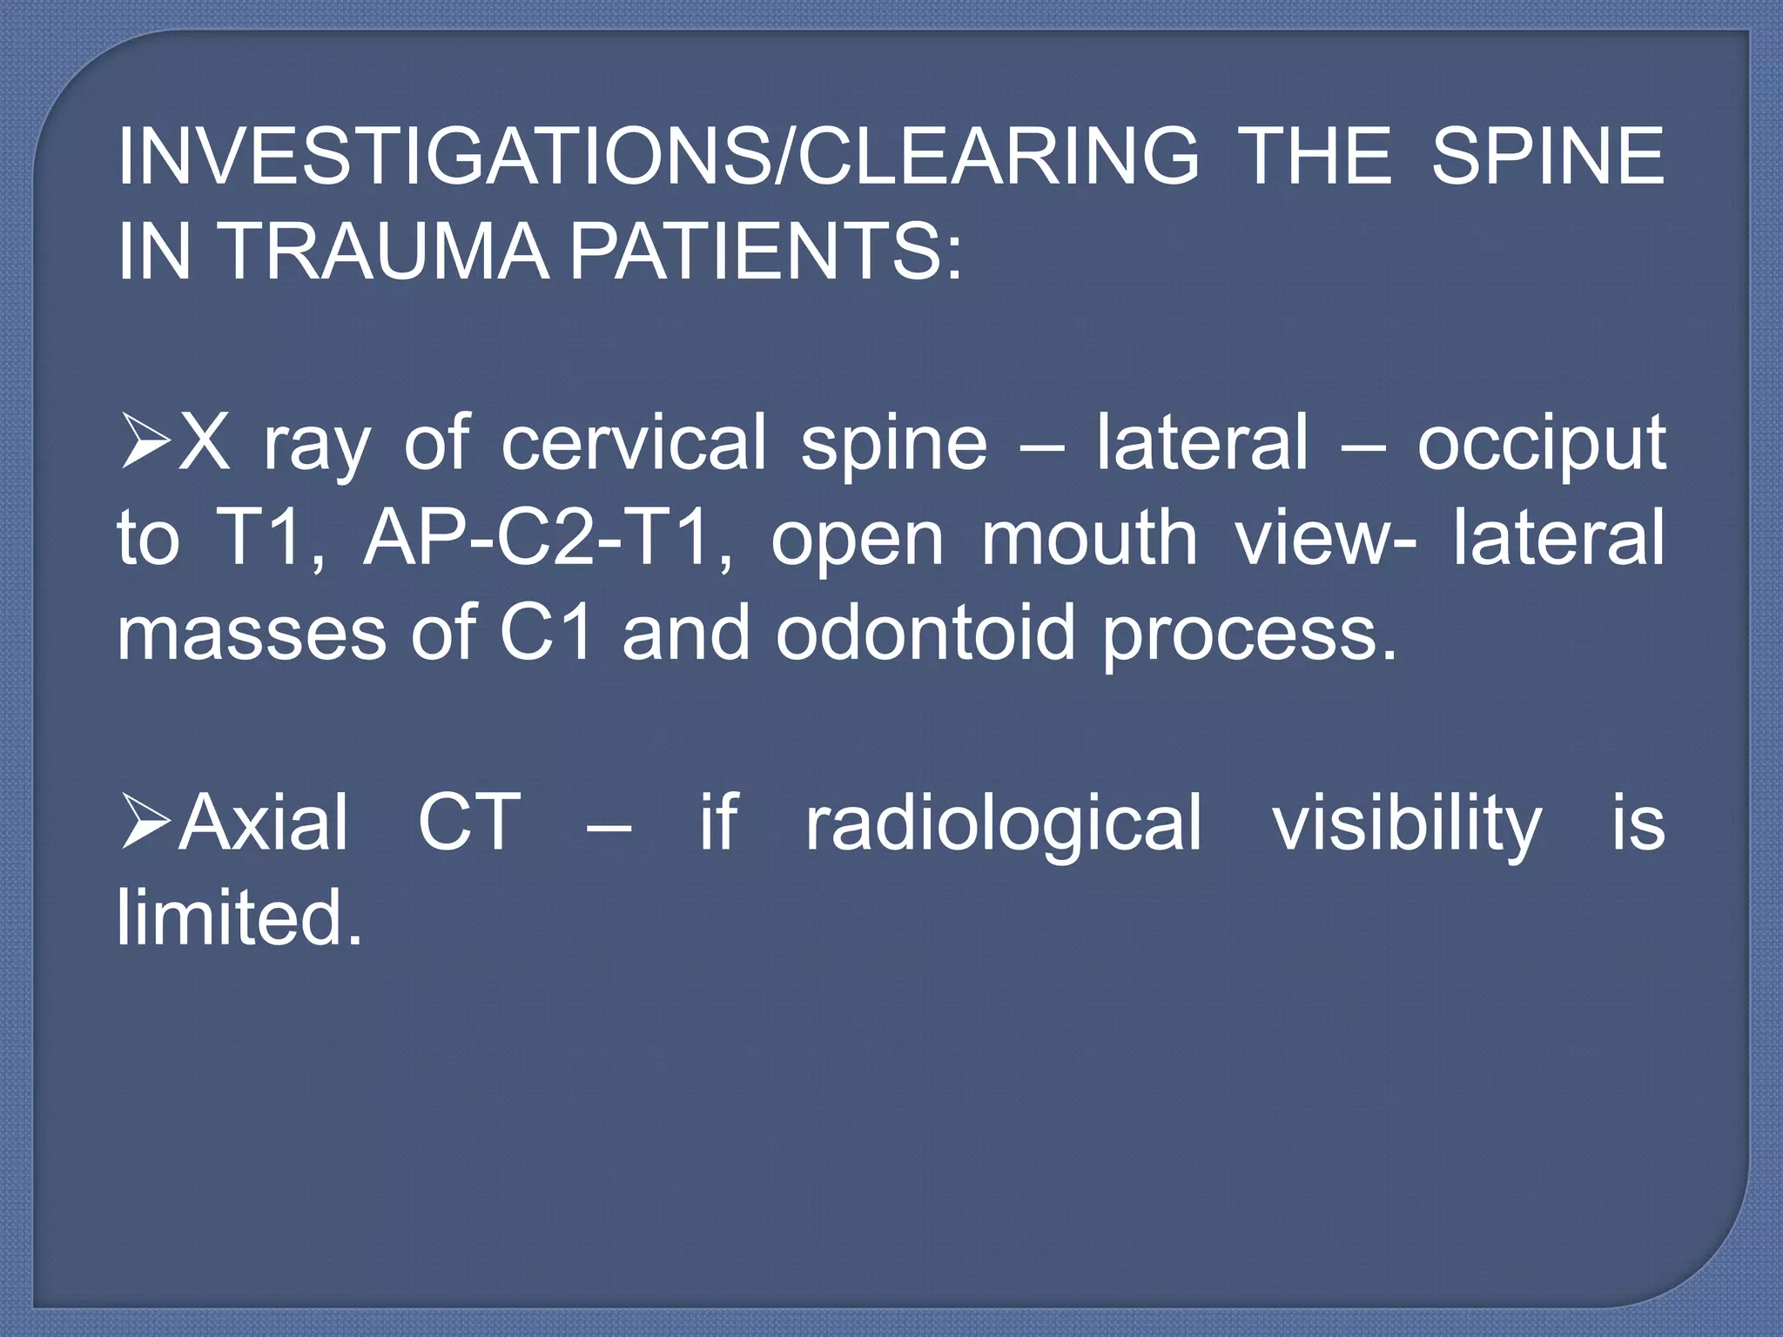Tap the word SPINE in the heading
1547,157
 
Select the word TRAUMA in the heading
386,252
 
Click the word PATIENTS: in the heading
766,252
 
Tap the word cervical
633,443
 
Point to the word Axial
263,822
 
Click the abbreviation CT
468,822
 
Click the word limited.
239,917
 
